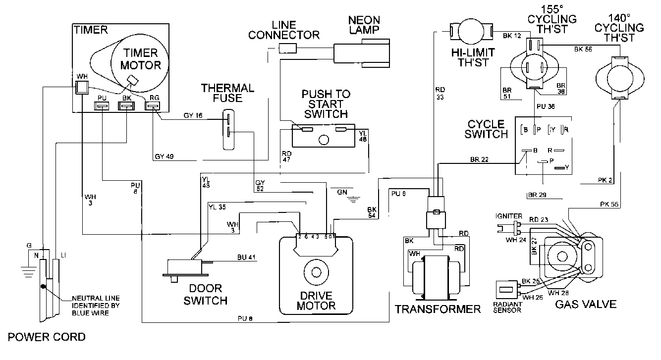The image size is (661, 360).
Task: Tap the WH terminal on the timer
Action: click(x=81, y=88)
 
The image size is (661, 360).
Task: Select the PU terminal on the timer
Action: click(x=102, y=105)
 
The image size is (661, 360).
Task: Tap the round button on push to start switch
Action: click(x=324, y=140)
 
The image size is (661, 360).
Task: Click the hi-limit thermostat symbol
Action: click(x=470, y=32)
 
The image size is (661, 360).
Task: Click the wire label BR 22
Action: click(x=479, y=159)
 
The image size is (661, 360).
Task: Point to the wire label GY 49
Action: click(x=164, y=157)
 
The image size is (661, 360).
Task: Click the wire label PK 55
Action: click(x=607, y=204)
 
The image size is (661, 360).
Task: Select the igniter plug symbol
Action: click(x=508, y=227)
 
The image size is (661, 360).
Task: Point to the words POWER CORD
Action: click(x=43, y=337)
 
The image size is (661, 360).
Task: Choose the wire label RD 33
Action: click(x=439, y=94)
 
